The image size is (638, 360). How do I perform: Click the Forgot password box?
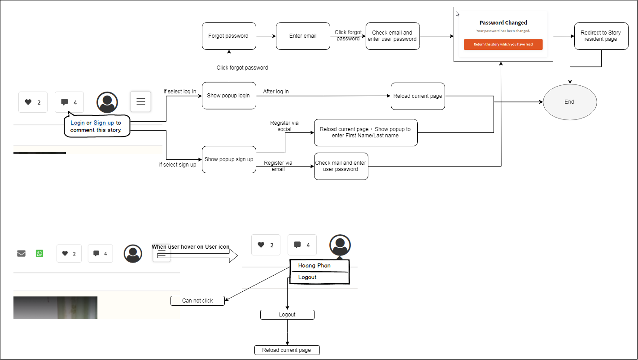tap(229, 36)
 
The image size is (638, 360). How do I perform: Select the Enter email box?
tap(303, 36)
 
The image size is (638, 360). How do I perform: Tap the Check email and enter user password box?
tap(393, 36)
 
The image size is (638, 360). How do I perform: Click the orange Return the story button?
tap(503, 44)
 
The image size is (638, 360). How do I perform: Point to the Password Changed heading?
tap(503, 23)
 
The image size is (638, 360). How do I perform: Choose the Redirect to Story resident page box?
tap(601, 36)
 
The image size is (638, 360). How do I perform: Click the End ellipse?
tap(570, 102)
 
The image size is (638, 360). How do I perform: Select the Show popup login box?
tap(229, 96)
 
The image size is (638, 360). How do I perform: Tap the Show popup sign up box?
tap(229, 159)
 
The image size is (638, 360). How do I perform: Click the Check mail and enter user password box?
tap(341, 166)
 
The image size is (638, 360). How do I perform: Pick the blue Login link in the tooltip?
tap(78, 123)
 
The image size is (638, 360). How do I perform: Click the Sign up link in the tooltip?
tap(104, 123)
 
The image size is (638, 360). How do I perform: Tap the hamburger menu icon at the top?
tap(140, 101)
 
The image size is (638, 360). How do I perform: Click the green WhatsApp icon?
tap(39, 254)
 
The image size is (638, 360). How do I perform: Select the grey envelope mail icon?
tap(21, 254)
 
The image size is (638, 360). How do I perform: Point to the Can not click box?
tap(197, 301)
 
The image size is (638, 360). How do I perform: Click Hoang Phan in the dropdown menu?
tap(314, 266)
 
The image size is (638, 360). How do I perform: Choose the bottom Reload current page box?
tap(287, 350)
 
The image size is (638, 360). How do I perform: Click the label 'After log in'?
tap(276, 92)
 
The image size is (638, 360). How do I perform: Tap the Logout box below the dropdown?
tap(287, 315)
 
